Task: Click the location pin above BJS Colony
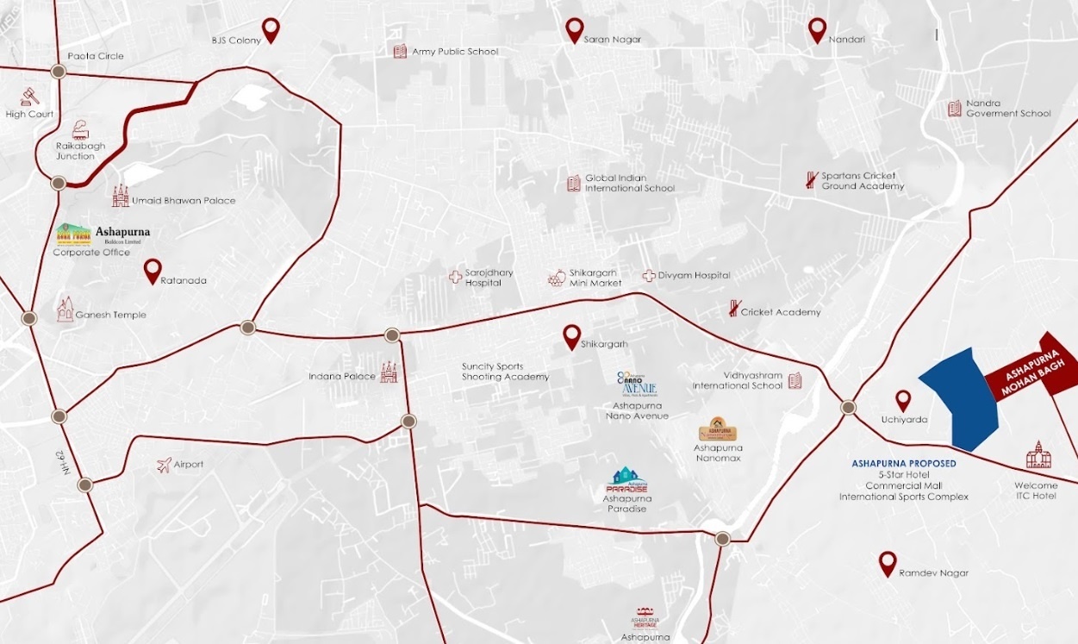click(271, 28)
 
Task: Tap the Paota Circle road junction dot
click(59, 72)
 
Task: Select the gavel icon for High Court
click(31, 95)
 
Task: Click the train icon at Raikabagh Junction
click(80, 129)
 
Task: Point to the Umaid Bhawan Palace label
click(183, 201)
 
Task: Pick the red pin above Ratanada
click(153, 270)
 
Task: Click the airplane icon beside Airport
click(164, 466)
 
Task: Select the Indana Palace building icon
click(389, 372)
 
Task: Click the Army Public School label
click(455, 52)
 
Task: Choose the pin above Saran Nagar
click(575, 29)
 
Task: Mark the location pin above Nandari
click(818, 29)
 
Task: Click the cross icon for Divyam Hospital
click(648, 276)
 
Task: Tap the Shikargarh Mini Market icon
click(557, 278)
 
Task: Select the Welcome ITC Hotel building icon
click(1038, 455)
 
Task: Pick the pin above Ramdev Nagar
click(888, 563)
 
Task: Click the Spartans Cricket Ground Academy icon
click(811, 180)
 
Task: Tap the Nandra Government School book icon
click(954, 109)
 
